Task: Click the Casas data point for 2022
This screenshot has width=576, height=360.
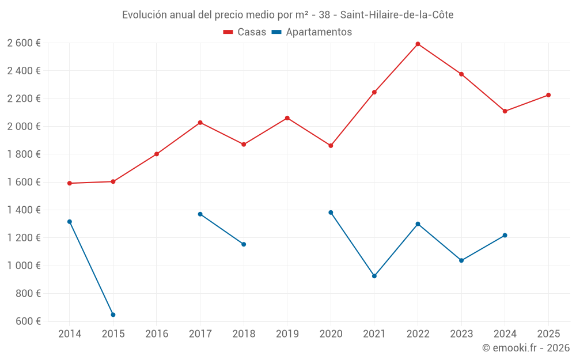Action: pos(418,44)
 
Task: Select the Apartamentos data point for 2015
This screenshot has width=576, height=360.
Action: pos(113,314)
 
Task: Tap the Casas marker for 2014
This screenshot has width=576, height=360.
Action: pos(70,183)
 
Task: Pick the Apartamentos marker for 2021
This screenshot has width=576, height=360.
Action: pos(374,276)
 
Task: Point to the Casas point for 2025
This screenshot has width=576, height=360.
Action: pos(548,95)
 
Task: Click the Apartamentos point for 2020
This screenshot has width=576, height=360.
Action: pos(331,213)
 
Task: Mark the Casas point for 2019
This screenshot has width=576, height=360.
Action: pos(287,118)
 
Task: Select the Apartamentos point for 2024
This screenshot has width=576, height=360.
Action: pos(505,235)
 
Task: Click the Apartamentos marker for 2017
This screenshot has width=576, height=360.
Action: pos(200,214)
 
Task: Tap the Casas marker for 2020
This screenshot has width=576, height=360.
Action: pos(331,146)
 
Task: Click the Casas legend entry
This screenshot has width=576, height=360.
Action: pos(245,32)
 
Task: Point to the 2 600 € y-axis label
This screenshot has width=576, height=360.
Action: pos(24,43)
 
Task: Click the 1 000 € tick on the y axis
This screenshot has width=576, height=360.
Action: pos(24,266)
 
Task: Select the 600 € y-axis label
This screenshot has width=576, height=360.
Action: pos(27,321)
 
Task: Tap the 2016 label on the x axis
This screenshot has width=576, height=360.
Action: pos(157,334)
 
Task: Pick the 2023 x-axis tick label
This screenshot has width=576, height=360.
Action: pos(461,334)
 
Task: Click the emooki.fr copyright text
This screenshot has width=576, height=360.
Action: pos(525,348)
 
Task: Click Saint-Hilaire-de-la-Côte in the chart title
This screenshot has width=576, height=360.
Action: pos(397,15)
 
